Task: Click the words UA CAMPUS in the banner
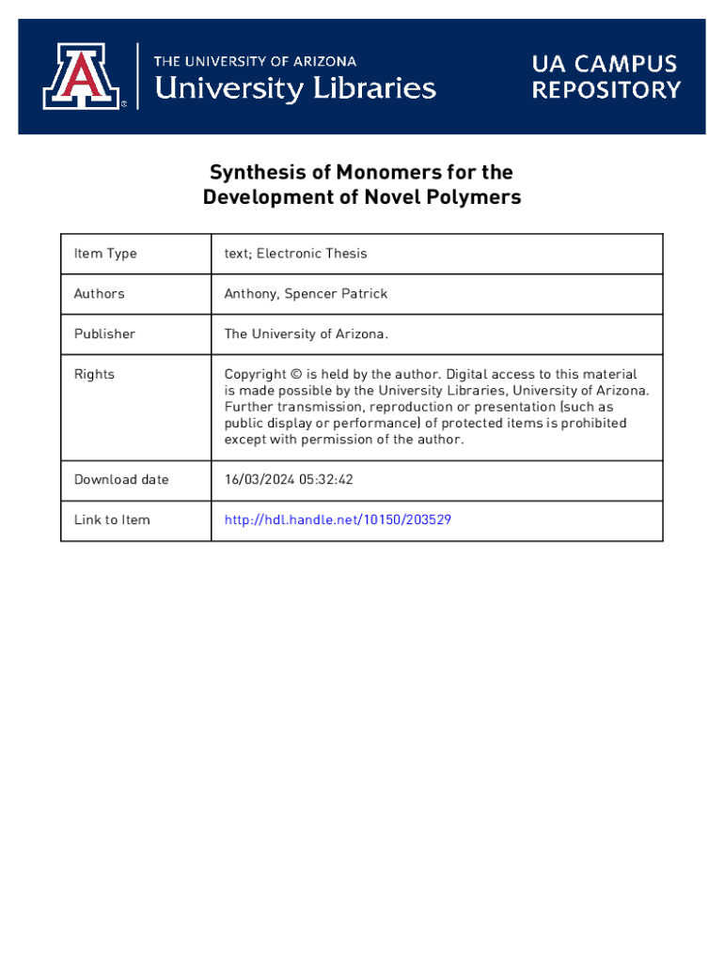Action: pos(605,64)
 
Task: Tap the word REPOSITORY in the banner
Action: pos(606,90)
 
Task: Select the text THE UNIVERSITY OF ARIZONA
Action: pos(255,61)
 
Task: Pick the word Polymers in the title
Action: pos(472,198)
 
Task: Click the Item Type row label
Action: pos(105,254)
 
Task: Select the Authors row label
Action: pos(99,294)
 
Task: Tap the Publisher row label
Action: pos(104,334)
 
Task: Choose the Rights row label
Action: pos(94,375)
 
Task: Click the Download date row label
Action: pos(121,480)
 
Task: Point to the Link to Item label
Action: pos(112,520)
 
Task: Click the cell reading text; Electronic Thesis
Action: pos(295,254)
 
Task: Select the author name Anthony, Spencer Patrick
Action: pos(306,294)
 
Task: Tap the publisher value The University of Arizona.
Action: pos(306,334)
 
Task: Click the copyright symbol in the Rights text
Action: pos(296,375)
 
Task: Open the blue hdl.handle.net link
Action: pos(338,520)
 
